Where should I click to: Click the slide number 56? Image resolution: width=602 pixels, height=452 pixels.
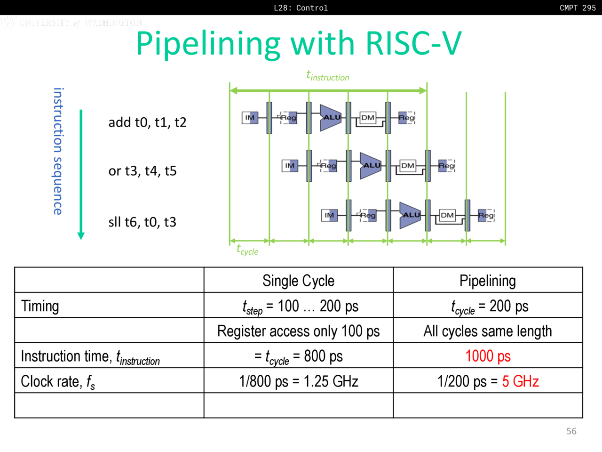pos(571,431)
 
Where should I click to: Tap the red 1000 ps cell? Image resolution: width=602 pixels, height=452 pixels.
pos(488,356)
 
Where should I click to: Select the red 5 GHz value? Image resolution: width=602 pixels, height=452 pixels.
pos(520,381)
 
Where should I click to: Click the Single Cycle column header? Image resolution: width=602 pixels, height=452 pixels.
pos(298,281)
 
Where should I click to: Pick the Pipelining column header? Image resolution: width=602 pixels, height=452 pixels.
pos(488,281)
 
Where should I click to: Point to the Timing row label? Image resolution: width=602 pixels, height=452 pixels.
pos(40,306)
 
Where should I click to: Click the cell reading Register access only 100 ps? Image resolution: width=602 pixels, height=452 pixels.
pos(298,331)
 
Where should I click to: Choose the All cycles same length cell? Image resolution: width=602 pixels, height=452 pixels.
pos(488,331)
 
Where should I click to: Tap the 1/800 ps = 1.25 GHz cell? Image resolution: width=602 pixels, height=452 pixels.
pos(298,381)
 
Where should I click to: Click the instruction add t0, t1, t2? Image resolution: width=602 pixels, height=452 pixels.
pos(147,122)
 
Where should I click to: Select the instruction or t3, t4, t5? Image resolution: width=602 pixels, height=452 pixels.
pos(142,171)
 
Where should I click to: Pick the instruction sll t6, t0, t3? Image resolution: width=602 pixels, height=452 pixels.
pos(142,222)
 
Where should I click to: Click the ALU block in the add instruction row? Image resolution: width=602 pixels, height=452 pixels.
pos(331,117)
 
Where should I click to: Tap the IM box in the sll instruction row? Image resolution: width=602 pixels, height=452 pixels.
pos(329,215)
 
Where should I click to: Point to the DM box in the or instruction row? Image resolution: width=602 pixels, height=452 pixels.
pos(407,165)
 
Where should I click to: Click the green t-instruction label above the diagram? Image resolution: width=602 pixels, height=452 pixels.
pos(328,76)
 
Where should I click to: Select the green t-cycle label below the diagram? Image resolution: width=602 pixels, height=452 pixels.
pos(247,250)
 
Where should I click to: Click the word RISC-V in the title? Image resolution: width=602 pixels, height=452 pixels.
pos(413,43)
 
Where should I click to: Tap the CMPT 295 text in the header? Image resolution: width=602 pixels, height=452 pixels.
pos(578,8)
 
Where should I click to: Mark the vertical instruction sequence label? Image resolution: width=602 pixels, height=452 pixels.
pos(58,151)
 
